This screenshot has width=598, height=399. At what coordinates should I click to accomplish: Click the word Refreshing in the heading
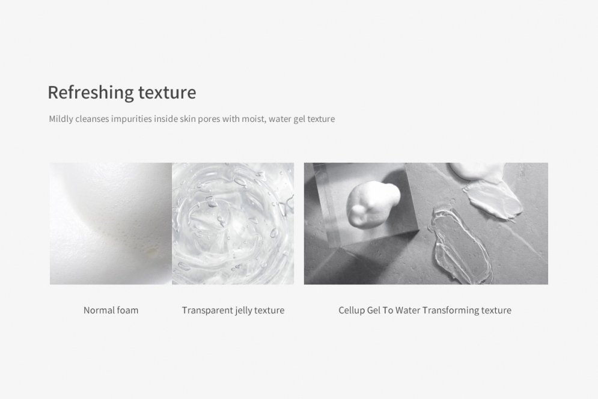[90, 93]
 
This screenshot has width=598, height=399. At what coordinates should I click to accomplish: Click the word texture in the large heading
[167, 93]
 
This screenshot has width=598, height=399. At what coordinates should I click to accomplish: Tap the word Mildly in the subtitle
[61, 119]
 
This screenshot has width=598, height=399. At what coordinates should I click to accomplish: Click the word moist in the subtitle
[254, 119]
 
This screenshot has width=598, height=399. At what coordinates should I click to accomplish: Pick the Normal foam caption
[111, 310]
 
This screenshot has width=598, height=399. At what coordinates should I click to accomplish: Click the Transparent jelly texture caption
[233, 311]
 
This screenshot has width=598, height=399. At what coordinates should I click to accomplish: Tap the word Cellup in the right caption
[351, 311]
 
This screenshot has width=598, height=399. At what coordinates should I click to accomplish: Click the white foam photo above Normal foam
[111, 224]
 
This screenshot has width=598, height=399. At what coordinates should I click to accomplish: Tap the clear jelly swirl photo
[233, 224]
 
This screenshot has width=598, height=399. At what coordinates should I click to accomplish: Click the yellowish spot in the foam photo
[152, 251]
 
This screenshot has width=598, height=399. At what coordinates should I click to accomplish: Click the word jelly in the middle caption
[243, 311]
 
